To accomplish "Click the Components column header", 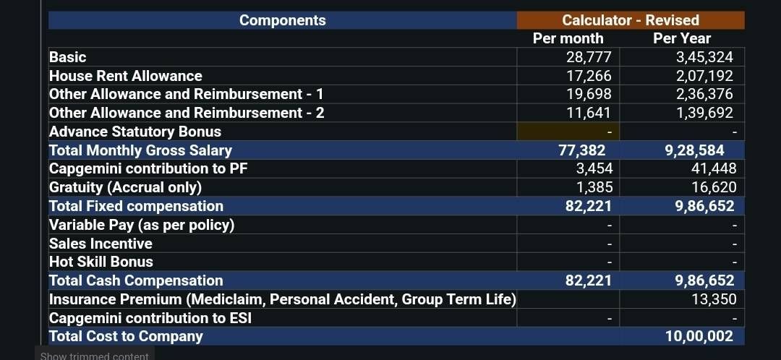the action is coord(283,20).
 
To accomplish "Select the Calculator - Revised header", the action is coord(631,20).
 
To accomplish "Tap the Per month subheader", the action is coord(568,38).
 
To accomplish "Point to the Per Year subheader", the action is coord(682,38).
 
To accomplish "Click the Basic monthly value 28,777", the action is coord(589,57).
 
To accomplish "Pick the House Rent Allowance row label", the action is coord(126,76).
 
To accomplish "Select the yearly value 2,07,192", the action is coord(704,76).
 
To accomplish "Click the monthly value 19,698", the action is coord(589,94).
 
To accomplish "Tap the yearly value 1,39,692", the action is coord(704,113).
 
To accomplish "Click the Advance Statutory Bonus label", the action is coord(135,132).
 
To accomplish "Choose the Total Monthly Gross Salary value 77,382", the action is coord(582,150).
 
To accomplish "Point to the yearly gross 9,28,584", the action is coord(694,150).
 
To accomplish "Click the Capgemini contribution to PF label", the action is coord(148,169).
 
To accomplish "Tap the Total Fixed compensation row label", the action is coord(136,206).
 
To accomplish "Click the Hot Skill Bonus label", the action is coord(101,262).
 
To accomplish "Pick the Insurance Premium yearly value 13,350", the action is coord(714,299).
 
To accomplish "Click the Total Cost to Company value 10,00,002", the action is coord(699,337).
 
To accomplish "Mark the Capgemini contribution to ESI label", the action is coord(150,317).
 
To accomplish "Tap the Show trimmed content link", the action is coord(94,356).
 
